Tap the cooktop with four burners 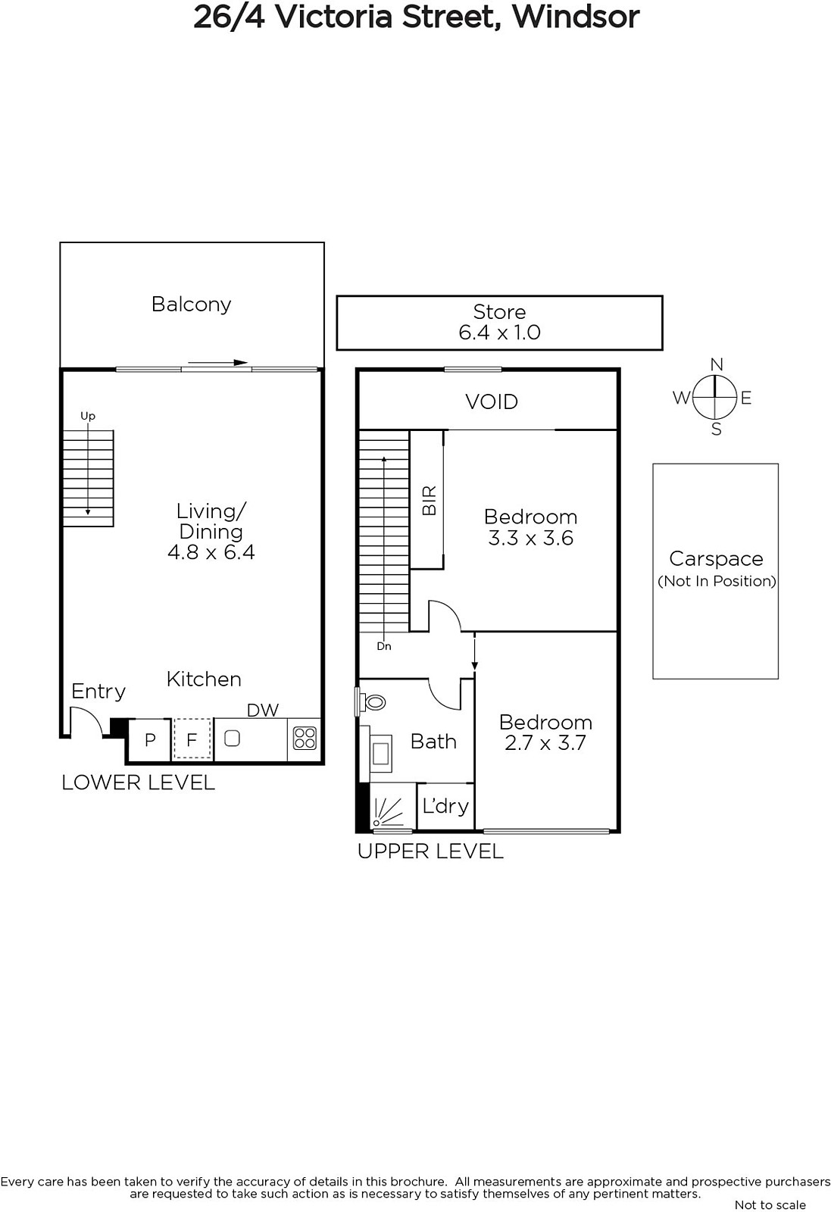click(305, 739)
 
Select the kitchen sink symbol click(232, 738)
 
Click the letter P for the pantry click(151, 739)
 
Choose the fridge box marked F click(192, 739)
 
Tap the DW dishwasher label click(263, 710)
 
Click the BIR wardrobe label click(429, 500)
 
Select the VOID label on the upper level click(492, 401)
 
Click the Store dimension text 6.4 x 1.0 click(499, 333)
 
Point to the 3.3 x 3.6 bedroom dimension click(531, 539)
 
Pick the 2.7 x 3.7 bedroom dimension click(545, 743)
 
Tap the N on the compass click(717, 364)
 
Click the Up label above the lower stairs click(88, 416)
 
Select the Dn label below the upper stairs click(384, 646)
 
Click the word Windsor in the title click(576, 17)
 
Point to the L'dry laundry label click(445, 807)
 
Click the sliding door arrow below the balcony click(217, 363)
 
